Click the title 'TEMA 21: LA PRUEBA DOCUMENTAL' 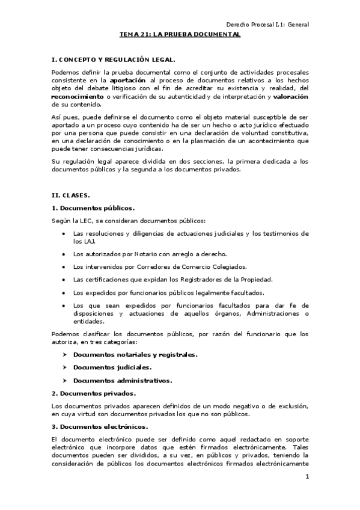(180, 35)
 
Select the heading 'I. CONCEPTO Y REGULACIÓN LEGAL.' (114, 60)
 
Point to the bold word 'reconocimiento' (78, 96)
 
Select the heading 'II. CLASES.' (71, 195)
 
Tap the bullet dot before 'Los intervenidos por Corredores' (64, 266)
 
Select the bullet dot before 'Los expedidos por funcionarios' (64, 292)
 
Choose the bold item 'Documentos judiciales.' (112, 367)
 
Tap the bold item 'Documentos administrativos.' (123, 380)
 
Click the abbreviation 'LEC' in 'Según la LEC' (85, 220)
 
